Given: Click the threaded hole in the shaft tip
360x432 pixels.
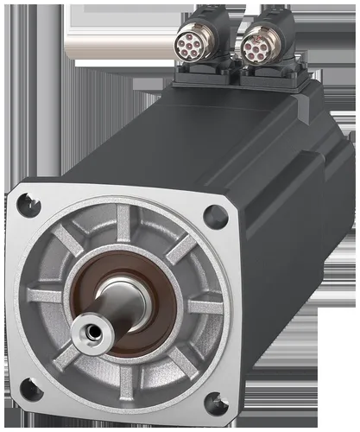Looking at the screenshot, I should [x=86, y=330].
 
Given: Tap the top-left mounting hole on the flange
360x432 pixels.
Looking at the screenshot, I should [x=28, y=205].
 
